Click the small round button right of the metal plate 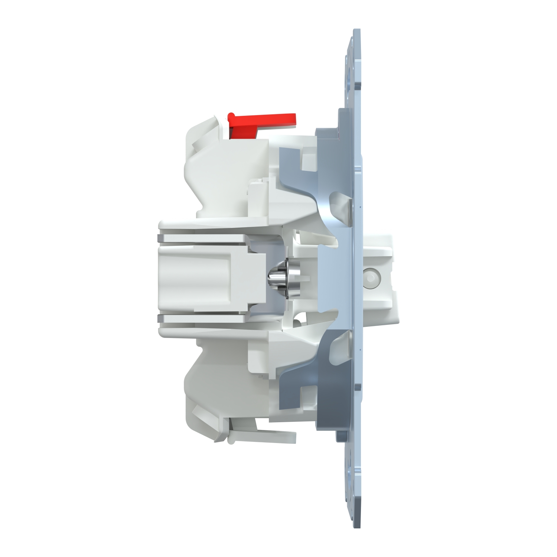(x=369, y=276)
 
